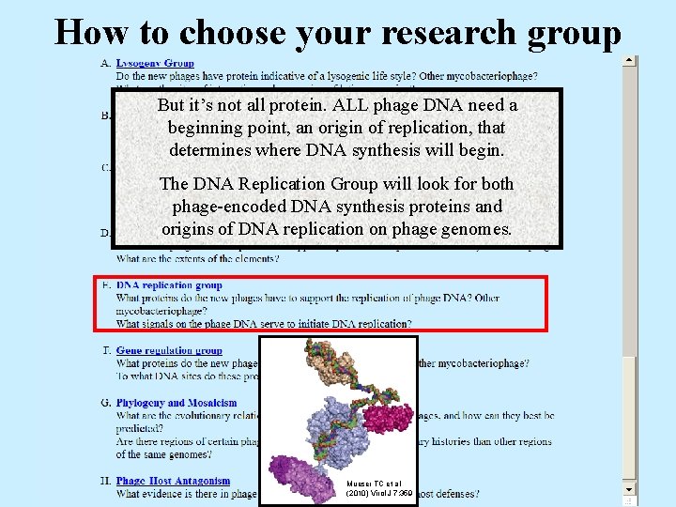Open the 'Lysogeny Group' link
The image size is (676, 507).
pyautogui.click(x=155, y=63)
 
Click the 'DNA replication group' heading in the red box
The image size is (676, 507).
pyautogui.click(x=169, y=285)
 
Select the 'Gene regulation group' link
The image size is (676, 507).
pyautogui.click(x=169, y=351)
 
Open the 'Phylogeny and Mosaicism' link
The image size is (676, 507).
pyautogui.click(x=177, y=403)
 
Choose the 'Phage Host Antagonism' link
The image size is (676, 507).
pyautogui.click(x=173, y=482)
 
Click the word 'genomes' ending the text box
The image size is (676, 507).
pyautogui.click(x=475, y=229)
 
